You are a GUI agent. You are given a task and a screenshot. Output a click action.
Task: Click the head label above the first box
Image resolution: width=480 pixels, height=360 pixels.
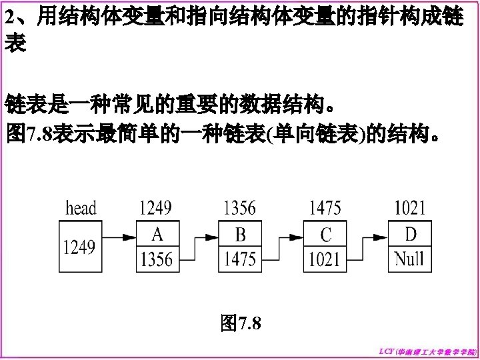[x=81, y=208]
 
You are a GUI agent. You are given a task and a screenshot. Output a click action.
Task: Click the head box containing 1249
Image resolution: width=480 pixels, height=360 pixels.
[x=79, y=247]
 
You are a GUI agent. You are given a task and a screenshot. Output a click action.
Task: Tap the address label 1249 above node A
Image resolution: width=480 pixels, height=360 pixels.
[x=155, y=208]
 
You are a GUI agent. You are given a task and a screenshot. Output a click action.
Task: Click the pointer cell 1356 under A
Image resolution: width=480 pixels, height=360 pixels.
[x=157, y=259]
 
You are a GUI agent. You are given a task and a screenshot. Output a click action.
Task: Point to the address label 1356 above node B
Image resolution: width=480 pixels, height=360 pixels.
[x=239, y=208]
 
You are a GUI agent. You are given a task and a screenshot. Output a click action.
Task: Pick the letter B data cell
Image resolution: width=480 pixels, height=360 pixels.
[x=240, y=235]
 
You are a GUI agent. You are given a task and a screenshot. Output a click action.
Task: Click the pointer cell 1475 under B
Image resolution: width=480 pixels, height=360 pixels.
[x=240, y=259]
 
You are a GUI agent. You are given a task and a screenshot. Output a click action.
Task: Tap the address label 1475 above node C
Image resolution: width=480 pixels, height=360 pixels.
[x=325, y=208]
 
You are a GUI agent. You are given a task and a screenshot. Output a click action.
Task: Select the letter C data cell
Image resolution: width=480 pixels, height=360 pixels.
[x=325, y=235]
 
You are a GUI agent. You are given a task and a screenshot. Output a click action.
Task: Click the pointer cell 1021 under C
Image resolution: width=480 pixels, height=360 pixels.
[x=325, y=259]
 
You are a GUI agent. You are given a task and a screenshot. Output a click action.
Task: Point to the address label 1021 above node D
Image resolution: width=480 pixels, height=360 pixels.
[x=409, y=208]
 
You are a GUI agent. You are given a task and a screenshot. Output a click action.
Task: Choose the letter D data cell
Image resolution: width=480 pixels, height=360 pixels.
[x=409, y=235]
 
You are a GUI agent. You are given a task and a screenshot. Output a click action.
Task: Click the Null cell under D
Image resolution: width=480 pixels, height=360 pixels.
[x=409, y=259]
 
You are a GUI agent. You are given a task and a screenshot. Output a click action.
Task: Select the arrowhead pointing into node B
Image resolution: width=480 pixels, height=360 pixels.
[x=215, y=236]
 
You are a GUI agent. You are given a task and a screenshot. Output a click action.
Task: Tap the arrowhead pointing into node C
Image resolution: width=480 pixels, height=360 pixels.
[x=299, y=236]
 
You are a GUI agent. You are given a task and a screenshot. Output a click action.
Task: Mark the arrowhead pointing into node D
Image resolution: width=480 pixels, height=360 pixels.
[x=385, y=236]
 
